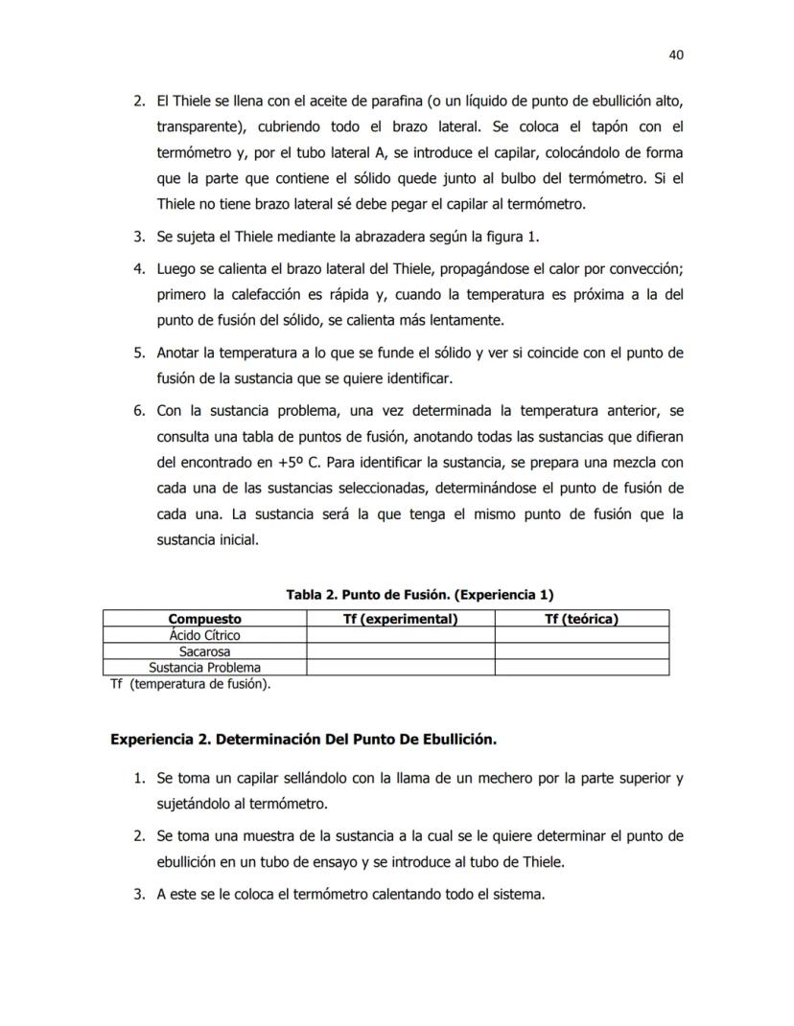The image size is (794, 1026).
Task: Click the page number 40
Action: click(x=675, y=55)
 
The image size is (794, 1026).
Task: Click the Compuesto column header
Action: click(x=204, y=619)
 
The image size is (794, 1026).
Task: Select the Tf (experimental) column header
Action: click(x=400, y=619)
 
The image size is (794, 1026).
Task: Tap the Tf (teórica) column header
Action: click(x=581, y=619)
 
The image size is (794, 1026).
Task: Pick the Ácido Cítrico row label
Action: click(x=204, y=635)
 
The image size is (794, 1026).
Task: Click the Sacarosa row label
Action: click(x=204, y=651)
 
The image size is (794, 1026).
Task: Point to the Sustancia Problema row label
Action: click(x=204, y=668)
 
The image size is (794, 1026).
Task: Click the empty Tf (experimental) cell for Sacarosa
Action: click(x=400, y=651)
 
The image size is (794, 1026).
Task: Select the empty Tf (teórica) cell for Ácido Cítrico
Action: click(x=581, y=635)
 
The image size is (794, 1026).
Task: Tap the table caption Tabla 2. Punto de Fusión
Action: click(x=419, y=594)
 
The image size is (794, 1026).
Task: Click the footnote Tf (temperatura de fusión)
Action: click(x=191, y=684)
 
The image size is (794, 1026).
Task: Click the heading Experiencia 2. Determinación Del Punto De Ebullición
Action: click(x=303, y=740)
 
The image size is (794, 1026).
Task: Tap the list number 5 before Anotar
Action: click(x=138, y=353)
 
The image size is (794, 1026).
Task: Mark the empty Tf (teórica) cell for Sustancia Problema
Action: click(x=581, y=668)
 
